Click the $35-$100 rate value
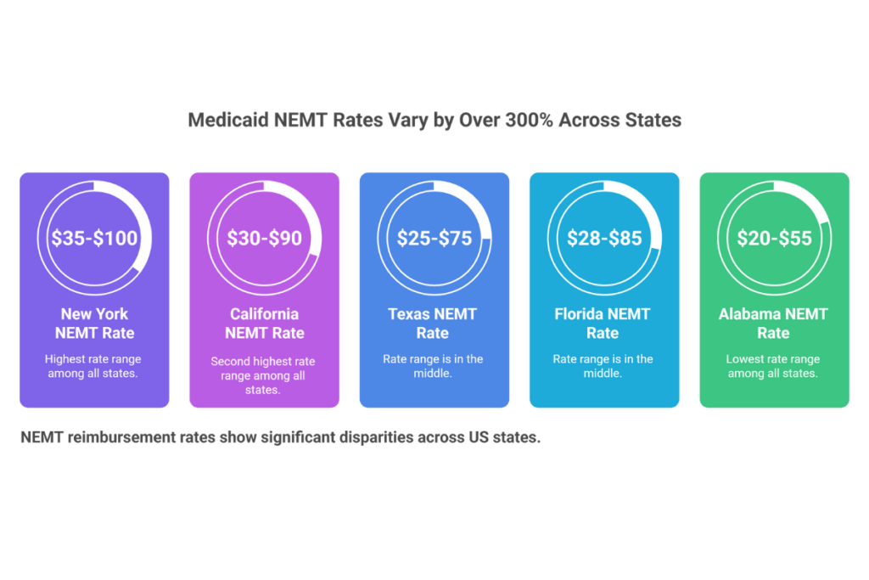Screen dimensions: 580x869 (94, 239)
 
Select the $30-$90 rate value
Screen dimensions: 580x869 (264, 239)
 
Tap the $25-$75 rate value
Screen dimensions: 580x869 (434, 239)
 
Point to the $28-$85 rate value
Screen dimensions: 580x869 (604, 239)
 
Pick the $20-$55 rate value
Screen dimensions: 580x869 (773, 239)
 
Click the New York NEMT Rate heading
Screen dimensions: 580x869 (94, 323)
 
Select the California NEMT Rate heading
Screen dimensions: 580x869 (264, 323)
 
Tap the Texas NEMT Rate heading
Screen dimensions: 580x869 (433, 323)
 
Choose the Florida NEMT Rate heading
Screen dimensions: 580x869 (603, 323)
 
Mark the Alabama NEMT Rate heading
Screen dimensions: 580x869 (773, 323)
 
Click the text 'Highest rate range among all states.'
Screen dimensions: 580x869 (93, 366)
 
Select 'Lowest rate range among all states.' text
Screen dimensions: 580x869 (773, 366)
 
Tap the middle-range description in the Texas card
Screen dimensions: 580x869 (433, 366)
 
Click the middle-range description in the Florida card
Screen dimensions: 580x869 (603, 366)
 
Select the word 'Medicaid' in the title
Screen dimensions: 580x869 (227, 121)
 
